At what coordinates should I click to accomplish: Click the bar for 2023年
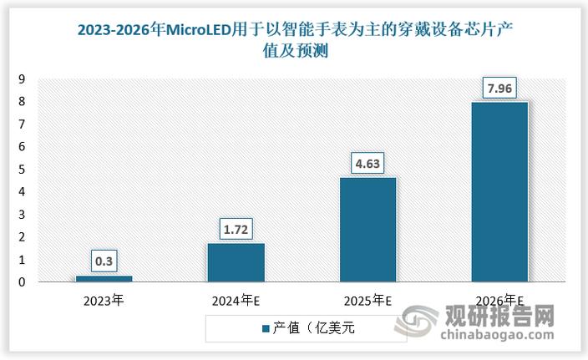[104, 279]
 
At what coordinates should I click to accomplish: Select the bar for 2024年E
[236, 262]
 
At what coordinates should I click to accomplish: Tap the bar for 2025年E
[367, 230]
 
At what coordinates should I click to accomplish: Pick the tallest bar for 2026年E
[499, 192]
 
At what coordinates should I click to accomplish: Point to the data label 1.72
[236, 227]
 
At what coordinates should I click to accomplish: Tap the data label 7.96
[499, 86]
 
